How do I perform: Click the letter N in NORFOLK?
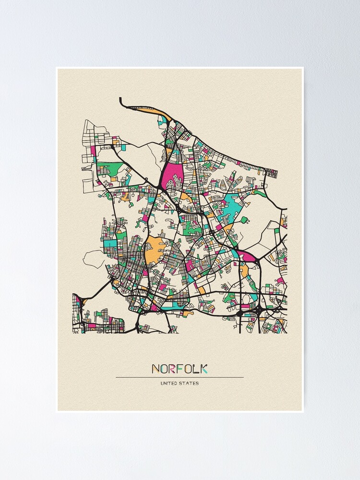point(156,369)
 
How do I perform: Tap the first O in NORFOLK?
point(165,369)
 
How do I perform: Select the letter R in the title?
point(173,369)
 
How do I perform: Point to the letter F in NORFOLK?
point(180,369)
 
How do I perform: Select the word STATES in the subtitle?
point(190,383)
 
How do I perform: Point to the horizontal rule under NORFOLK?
point(180,377)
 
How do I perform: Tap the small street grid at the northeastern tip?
point(272,173)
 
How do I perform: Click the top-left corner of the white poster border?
point(57,68)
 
